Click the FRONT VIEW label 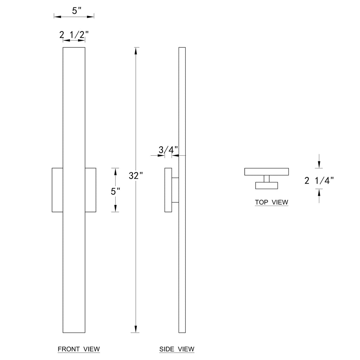tap(79, 349)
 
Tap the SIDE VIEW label tap(176, 349)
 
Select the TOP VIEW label tap(271, 202)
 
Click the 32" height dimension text tap(136, 176)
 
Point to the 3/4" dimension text tap(166, 150)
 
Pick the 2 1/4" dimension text tap(319, 181)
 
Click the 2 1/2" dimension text tap(74, 35)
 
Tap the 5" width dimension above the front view tap(77, 11)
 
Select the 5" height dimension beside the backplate tap(115, 192)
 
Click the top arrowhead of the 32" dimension tap(136, 51)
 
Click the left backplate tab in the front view tap(57, 190)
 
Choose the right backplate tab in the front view tap(90, 190)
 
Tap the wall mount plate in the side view tap(168, 190)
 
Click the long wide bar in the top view tap(267, 172)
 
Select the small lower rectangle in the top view tap(266, 186)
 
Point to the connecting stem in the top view tap(266, 179)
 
